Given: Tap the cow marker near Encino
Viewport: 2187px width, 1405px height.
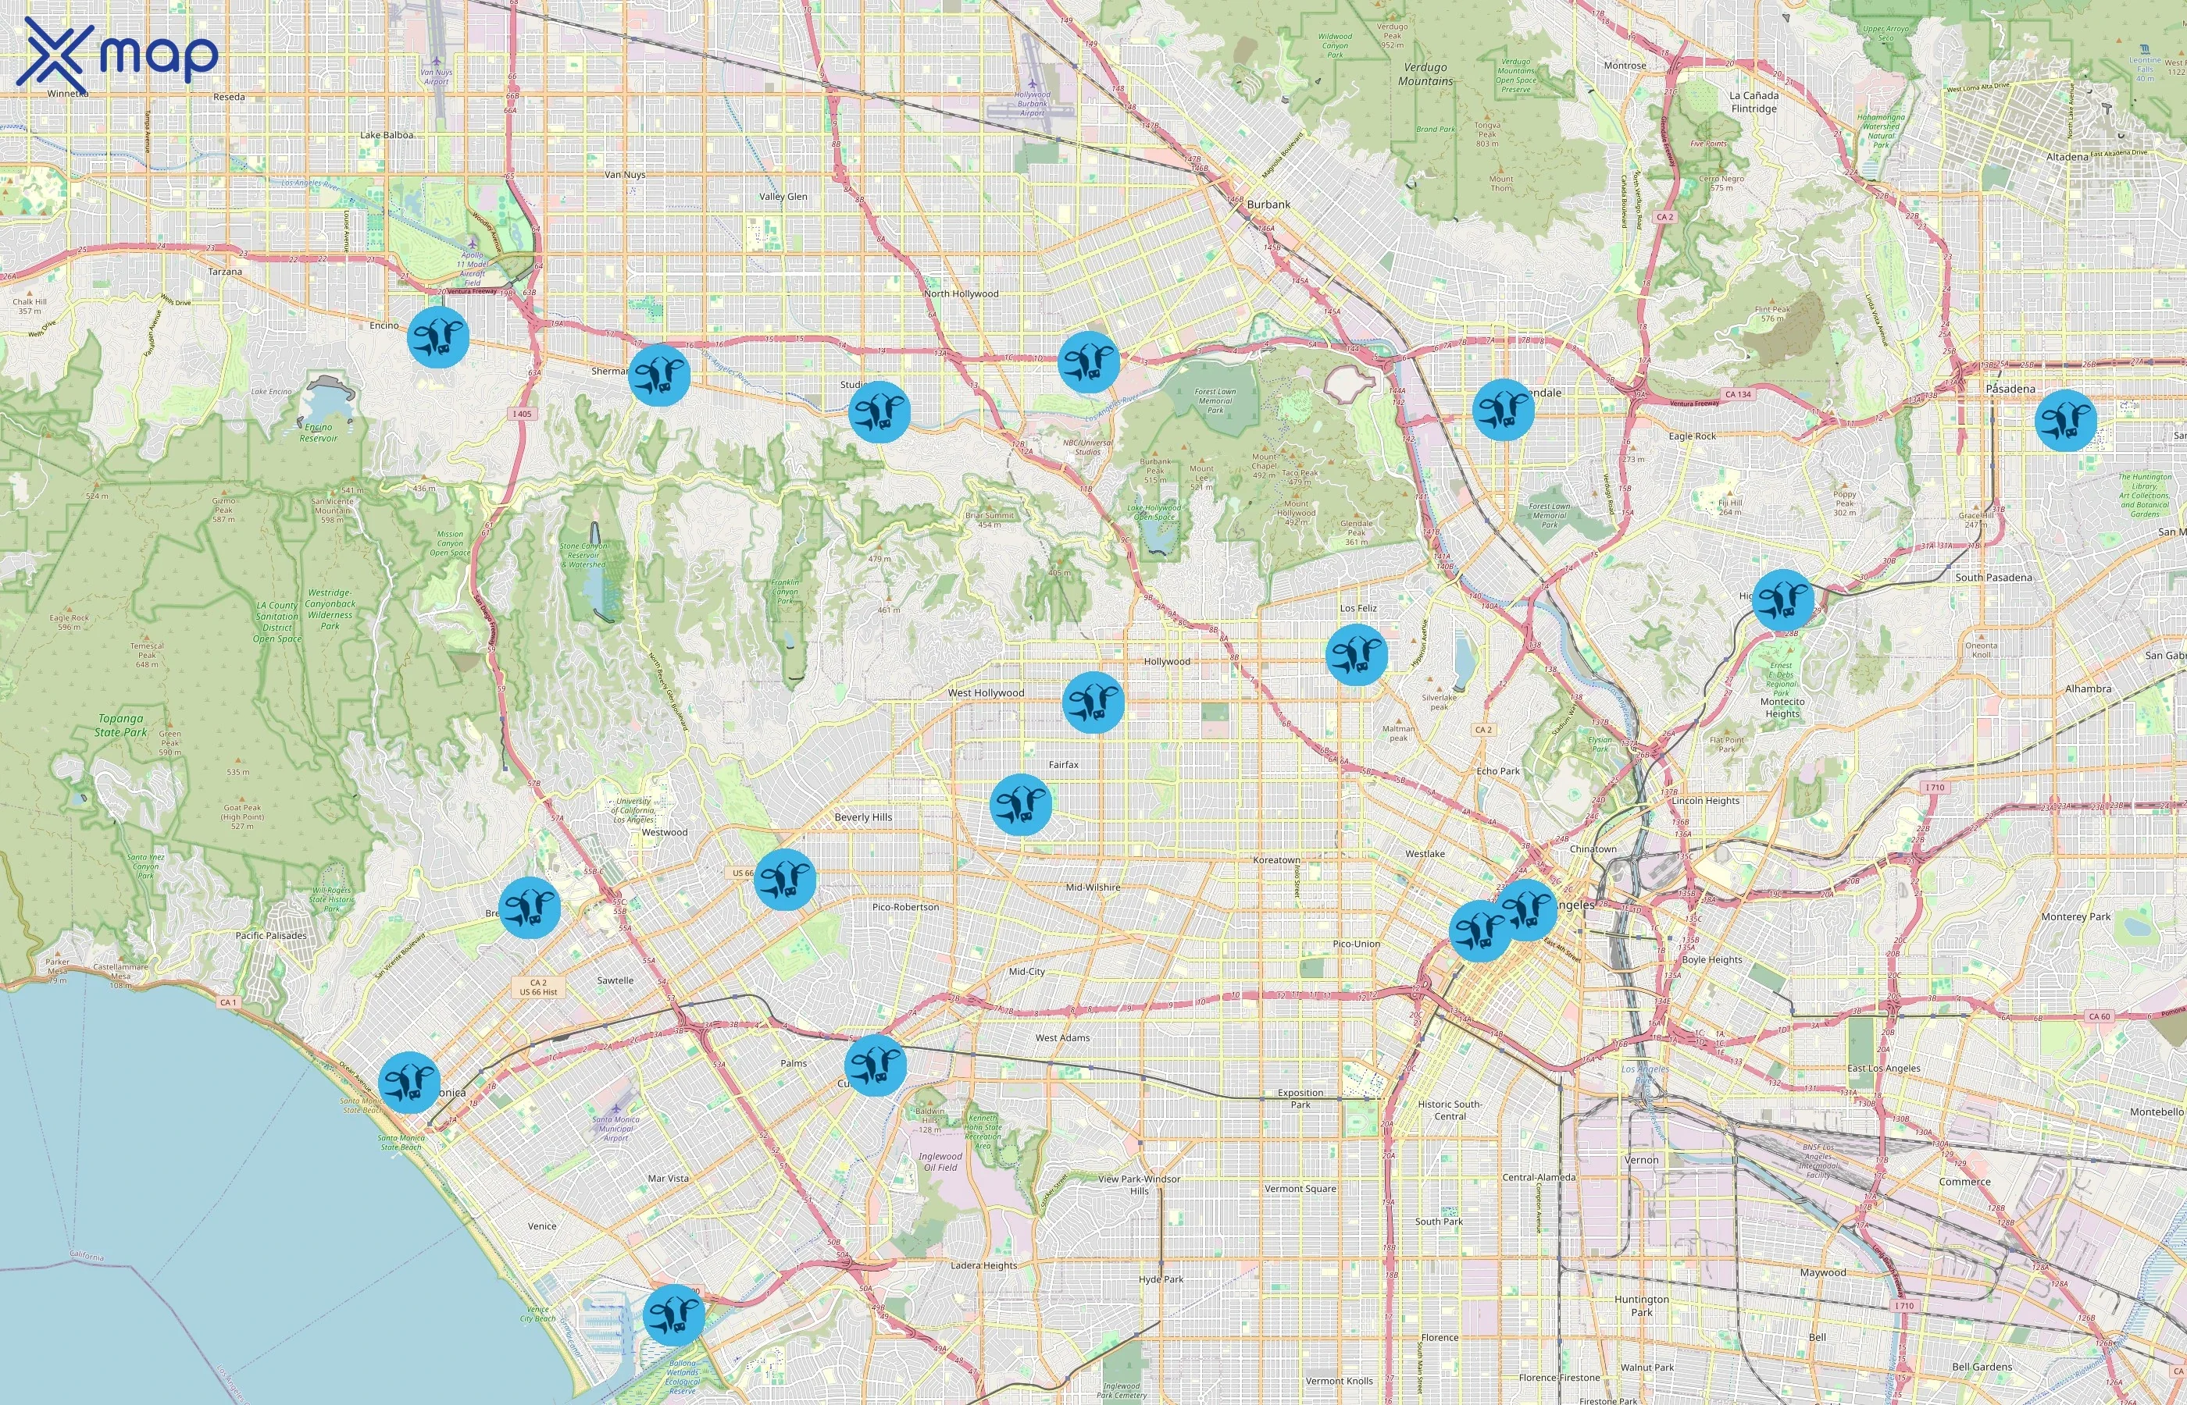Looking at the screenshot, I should pos(438,337).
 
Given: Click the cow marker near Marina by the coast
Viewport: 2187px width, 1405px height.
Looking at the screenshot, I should pos(673,1314).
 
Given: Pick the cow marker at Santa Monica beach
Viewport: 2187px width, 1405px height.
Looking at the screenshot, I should pos(409,1082).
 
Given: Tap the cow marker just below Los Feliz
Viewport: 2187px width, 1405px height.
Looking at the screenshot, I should pos(1357,654).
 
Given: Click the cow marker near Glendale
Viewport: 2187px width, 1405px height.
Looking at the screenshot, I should pos(1504,410).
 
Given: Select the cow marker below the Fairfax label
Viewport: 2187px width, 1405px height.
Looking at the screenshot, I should pos(1021,805).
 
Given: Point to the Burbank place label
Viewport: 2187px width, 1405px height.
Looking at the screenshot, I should pos(1268,205).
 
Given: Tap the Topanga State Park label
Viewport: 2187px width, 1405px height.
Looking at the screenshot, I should pos(120,725).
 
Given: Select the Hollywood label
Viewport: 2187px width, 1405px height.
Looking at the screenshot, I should pos(1166,661).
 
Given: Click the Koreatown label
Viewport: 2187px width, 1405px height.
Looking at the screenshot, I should pos(1276,860).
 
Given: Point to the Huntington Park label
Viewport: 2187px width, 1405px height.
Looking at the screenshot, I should pos(1641,1306).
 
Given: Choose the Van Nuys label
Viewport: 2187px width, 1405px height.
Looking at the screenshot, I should pos(626,174).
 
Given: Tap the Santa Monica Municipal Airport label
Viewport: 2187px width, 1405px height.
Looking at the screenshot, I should pos(615,1129).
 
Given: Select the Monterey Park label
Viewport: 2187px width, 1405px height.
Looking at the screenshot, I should pos(2075,917).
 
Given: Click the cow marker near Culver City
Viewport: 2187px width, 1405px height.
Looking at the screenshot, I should pos(875,1065).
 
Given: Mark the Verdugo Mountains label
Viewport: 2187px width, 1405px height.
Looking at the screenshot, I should pos(1425,74).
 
